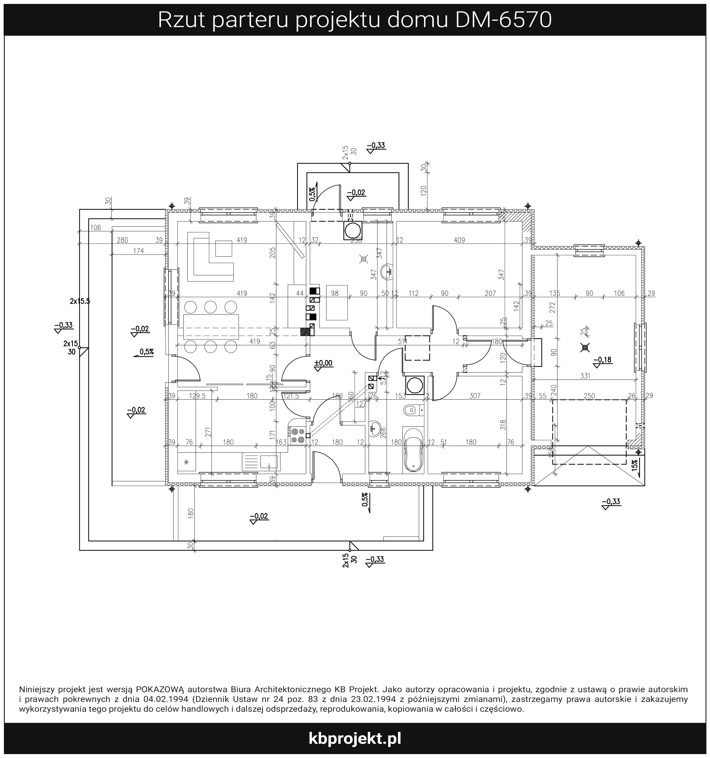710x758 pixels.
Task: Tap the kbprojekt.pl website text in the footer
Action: tap(355, 738)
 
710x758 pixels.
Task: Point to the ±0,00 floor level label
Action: tap(323, 363)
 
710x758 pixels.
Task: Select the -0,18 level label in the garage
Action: tap(603, 360)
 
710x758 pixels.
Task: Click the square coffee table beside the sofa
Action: tap(223, 248)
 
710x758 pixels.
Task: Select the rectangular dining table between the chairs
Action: tap(211, 327)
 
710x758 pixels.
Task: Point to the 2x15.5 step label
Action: tap(80, 301)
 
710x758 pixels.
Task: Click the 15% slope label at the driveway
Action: tap(634, 466)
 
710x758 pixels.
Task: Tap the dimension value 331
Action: tap(585, 376)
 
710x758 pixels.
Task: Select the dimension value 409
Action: tap(459, 240)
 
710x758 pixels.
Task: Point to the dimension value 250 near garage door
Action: tap(589, 396)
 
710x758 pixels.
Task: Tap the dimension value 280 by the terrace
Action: tap(122, 240)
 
